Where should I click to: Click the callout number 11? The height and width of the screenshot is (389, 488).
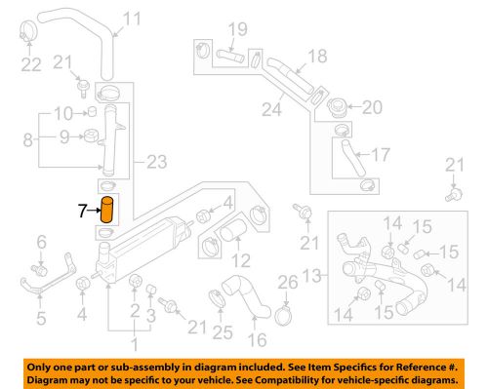pos(132,18)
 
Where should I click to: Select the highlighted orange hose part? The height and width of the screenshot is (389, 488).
pos(108,210)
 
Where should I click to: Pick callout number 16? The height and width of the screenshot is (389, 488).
pos(259,340)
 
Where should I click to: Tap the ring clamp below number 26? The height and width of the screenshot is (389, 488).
pos(284,314)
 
